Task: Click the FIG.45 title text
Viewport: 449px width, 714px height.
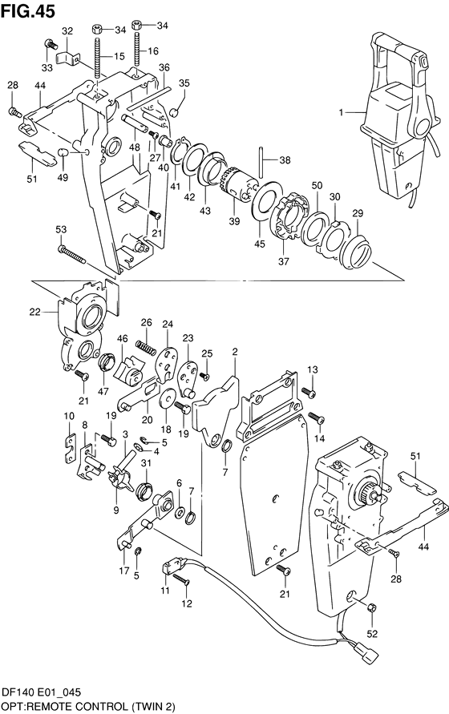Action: [x=27, y=10]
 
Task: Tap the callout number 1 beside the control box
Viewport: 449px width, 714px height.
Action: [x=341, y=112]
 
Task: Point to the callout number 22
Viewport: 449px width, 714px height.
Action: [x=35, y=312]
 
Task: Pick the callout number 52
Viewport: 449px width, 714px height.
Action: [x=372, y=633]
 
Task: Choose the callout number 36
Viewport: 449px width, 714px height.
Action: [x=164, y=67]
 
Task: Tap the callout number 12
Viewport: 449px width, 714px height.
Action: [x=187, y=603]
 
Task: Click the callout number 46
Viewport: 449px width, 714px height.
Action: [x=122, y=338]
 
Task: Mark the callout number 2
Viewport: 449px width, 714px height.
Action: [x=235, y=351]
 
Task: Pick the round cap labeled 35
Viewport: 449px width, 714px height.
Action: [x=174, y=112]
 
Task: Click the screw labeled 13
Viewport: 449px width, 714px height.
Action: [x=309, y=392]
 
